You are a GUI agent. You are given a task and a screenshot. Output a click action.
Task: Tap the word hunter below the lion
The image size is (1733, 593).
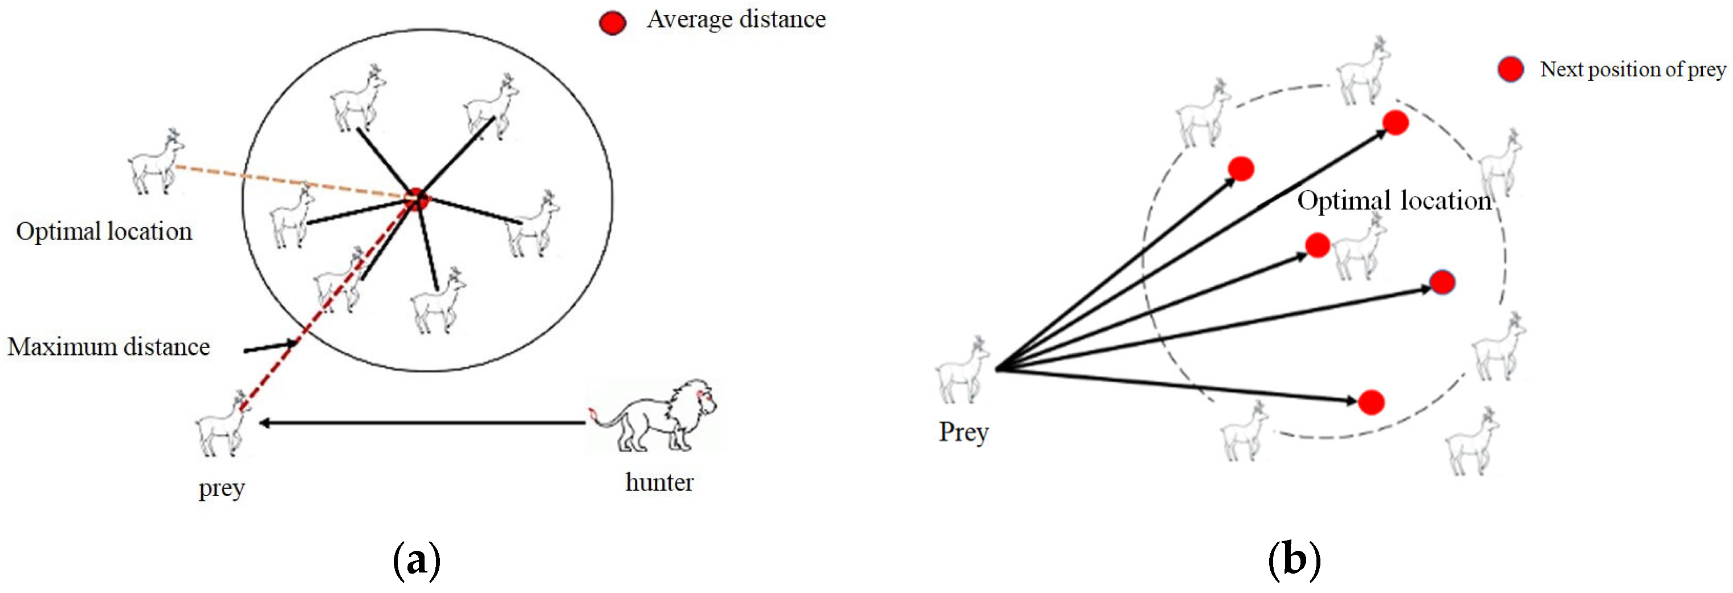[x=659, y=482]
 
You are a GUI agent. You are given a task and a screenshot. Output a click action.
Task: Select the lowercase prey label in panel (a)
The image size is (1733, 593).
[x=221, y=489]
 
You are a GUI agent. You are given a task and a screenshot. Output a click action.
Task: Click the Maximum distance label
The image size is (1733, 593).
[x=109, y=347]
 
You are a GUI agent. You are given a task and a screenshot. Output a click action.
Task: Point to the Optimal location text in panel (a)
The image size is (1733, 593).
[x=104, y=231]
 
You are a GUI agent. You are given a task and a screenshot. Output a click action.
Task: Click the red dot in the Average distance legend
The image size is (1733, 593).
[x=612, y=23]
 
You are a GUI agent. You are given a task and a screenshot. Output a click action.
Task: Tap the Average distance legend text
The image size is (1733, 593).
[x=736, y=19]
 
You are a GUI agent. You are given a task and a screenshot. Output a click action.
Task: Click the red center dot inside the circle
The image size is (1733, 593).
[x=417, y=199]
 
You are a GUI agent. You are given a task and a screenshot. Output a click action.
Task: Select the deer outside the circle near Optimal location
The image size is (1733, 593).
[x=157, y=163]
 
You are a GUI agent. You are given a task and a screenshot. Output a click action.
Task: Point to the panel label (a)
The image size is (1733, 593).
[x=417, y=559]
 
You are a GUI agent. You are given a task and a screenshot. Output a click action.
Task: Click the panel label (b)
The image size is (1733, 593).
[x=1294, y=559]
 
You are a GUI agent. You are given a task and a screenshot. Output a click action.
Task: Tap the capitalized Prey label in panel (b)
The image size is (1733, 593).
[x=963, y=432]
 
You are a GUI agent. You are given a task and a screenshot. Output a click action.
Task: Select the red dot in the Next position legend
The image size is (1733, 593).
[x=1510, y=69]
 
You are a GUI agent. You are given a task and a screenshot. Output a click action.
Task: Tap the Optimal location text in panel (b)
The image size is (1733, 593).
[x=1394, y=201]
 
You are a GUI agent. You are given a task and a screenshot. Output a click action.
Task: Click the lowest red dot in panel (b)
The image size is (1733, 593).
[x=1371, y=402]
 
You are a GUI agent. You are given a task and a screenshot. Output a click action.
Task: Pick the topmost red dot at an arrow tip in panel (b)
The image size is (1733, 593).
[x=1395, y=122]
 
